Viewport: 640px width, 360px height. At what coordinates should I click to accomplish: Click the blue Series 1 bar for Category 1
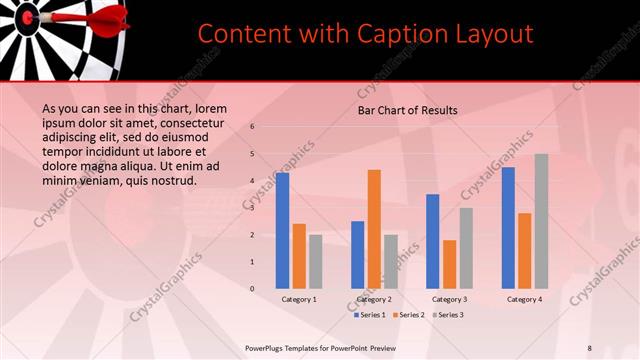[x=283, y=231]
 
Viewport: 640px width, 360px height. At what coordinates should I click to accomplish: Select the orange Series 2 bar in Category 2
[x=374, y=229]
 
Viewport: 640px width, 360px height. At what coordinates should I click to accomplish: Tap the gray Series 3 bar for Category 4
[x=541, y=221]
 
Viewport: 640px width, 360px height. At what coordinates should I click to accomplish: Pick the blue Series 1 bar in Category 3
[x=433, y=241]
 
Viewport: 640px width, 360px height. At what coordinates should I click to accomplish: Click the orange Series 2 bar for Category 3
[x=449, y=264]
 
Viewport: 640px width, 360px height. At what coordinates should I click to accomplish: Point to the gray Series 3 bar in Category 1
[x=315, y=261]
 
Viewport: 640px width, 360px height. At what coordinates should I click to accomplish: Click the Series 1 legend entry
[x=369, y=315]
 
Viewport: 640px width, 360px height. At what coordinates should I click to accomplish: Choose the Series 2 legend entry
[x=409, y=315]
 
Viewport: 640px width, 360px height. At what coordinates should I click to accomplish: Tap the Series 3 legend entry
[x=448, y=315]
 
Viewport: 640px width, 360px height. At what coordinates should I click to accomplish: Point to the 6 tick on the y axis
[x=253, y=127]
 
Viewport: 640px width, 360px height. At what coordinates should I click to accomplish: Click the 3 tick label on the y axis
[x=253, y=208]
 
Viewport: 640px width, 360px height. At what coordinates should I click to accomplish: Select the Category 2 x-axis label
[x=374, y=299]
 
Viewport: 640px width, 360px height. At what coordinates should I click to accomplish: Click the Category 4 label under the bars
[x=524, y=299]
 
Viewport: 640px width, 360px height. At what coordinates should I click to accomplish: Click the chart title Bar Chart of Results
[x=408, y=110]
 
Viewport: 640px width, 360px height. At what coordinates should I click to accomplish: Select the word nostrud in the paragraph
[x=171, y=181]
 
